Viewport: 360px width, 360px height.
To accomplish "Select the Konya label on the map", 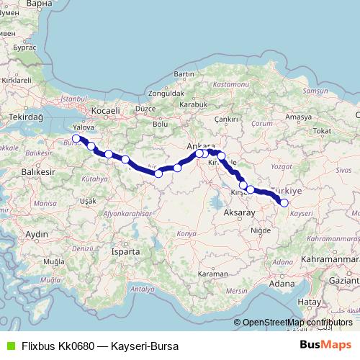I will [x=186, y=235].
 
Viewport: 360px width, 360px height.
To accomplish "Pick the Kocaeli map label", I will [x=104, y=110].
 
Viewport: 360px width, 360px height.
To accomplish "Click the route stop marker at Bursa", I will [x=76, y=138].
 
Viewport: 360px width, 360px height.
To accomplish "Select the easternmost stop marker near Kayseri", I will [x=284, y=203].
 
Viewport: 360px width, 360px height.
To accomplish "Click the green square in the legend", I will [x=9, y=346].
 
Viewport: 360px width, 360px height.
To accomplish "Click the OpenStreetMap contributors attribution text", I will [x=297, y=323].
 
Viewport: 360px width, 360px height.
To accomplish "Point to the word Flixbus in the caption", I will [x=39, y=346].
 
